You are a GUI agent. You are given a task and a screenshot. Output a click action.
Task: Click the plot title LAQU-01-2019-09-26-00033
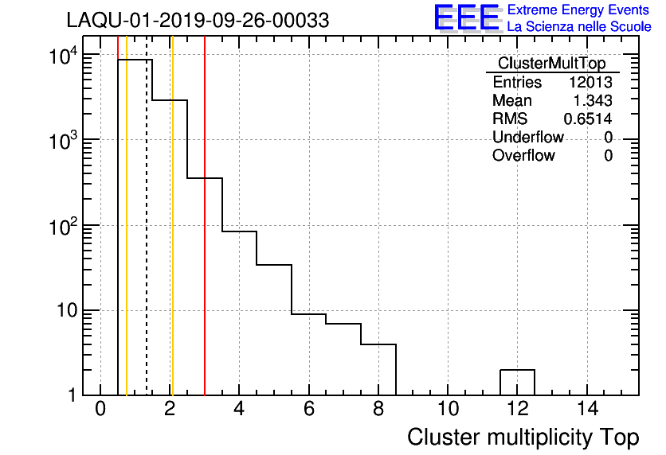click(198, 21)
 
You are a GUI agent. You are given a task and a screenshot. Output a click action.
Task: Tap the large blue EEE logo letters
click(466, 17)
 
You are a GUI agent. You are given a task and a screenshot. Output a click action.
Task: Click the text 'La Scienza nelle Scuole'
click(579, 27)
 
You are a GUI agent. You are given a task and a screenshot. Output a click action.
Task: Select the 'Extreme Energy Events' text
click(579, 10)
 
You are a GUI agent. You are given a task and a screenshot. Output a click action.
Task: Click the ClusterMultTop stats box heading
click(551, 64)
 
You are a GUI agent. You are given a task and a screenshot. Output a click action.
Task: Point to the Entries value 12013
click(590, 83)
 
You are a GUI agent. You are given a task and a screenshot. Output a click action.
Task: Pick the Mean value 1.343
click(594, 101)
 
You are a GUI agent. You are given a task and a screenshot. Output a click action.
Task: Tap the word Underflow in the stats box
click(528, 137)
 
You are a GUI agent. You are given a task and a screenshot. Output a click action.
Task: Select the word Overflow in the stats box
click(523, 155)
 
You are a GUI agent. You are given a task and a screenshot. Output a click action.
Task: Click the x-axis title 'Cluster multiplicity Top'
click(523, 437)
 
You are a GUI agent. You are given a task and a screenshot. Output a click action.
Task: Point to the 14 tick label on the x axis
click(586, 409)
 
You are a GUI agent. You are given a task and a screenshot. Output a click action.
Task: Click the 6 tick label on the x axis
click(308, 409)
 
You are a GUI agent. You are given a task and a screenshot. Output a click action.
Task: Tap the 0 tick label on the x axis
click(100, 409)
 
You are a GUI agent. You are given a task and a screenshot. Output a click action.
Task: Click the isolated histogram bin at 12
click(517, 382)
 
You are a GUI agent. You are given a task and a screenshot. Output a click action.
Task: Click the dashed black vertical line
click(147, 239)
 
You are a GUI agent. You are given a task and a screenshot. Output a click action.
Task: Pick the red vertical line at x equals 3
click(205, 239)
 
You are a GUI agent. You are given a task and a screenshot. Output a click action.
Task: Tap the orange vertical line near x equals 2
click(172, 239)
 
